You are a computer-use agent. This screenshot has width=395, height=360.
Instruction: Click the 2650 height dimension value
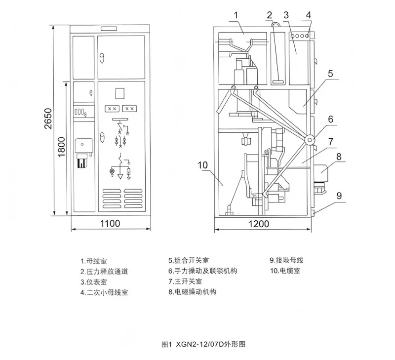coord(48,119)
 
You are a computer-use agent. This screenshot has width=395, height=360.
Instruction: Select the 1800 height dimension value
coord(61,147)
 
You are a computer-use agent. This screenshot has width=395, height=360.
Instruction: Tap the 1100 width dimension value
coord(110,224)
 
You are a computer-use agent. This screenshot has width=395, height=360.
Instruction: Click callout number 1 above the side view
coord(236,15)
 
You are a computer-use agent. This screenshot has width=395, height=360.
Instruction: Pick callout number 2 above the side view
coord(270,15)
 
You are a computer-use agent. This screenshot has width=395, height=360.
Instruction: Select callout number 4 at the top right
coord(308,15)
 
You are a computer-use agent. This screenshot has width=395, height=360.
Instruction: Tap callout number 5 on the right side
coord(330,74)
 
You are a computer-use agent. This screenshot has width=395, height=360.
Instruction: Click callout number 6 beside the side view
coord(330,119)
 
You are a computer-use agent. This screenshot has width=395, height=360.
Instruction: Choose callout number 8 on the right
coord(338,157)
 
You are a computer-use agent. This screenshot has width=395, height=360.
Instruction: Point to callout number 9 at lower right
coord(339,196)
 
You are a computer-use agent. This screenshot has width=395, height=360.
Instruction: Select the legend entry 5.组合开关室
coord(188,260)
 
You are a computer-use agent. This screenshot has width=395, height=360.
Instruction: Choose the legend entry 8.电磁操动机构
coord(192,292)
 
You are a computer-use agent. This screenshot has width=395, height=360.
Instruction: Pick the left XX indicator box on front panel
coord(112,108)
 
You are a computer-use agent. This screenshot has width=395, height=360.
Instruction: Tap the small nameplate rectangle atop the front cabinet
coord(108,29)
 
